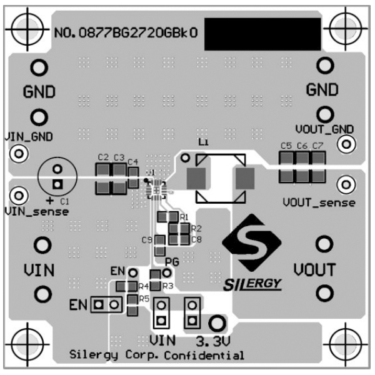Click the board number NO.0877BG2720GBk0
coord(127,34)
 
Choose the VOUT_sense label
coord(319,202)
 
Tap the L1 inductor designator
coord(202,143)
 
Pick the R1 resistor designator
coord(184,216)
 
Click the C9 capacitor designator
coord(147,239)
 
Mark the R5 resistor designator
coord(144,299)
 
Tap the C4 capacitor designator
coord(132,162)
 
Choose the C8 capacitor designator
coord(196,239)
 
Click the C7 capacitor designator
coord(317,146)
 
